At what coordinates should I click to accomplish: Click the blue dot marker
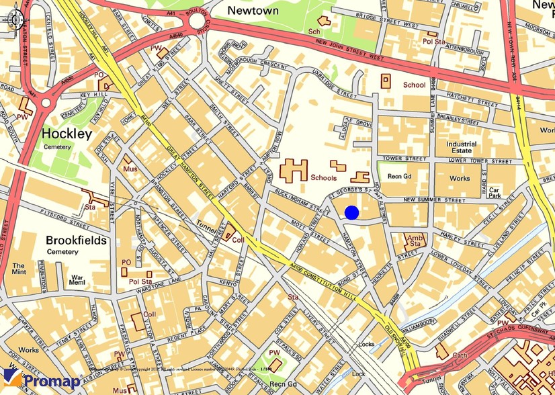coord(351,213)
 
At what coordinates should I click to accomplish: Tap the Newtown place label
coord(253,11)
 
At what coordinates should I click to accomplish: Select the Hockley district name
coord(67,134)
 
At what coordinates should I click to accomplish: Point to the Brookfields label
coord(76,240)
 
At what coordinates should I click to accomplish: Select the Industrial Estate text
coord(461,148)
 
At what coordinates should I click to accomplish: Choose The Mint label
coord(18,269)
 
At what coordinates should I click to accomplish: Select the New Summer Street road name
coord(434,200)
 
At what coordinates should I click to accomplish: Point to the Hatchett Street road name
coord(470,97)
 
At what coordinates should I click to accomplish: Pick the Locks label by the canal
coord(367,344)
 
